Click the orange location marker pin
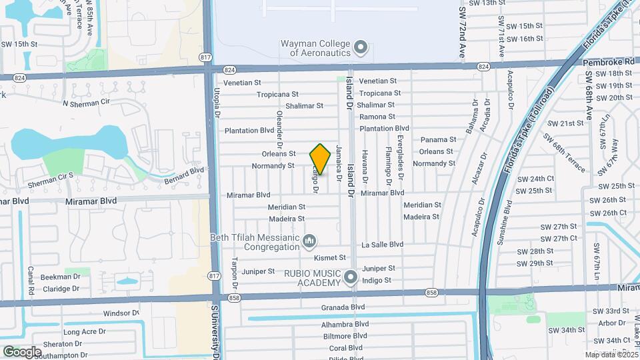[320, 159]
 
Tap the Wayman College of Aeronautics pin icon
[361, 47]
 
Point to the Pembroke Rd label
[607, 61]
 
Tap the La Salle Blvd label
[382, 245]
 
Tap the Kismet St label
[333, 257]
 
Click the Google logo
[22, 351]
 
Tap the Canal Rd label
[31, 281]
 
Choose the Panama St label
[438, 140]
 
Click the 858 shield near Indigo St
[433, 293]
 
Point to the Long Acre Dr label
[83, 332]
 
